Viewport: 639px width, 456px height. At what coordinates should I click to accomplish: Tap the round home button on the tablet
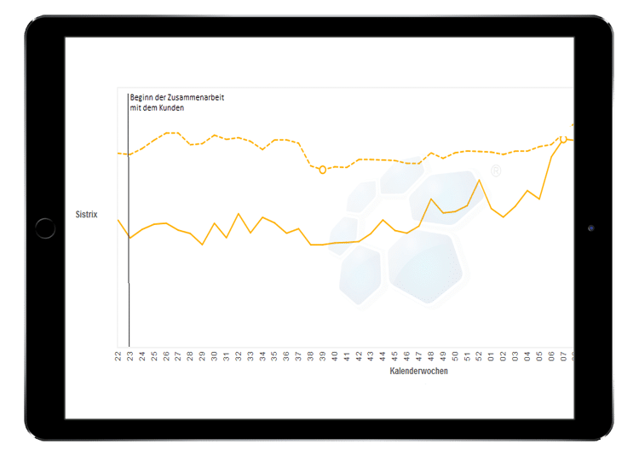coord(45,228)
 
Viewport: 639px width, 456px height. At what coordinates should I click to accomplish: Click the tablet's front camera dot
coord(590,228)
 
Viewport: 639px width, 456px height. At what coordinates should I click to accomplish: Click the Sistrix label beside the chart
coord(87,215)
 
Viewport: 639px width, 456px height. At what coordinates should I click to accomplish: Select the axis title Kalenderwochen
coord(418,372)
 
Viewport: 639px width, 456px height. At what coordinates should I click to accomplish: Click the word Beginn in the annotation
coord(141,98)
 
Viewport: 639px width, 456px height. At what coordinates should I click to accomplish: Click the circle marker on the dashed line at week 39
coord(322,170)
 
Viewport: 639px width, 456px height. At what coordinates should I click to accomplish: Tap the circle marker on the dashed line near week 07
coord(563,139)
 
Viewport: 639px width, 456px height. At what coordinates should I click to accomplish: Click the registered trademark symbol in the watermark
coord(496,171)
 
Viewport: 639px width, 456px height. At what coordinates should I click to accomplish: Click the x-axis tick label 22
coord(118,355)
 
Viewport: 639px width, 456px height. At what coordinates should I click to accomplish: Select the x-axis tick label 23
coord(130,355)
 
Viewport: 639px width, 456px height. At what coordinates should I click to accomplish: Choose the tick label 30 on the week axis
coord(214,355)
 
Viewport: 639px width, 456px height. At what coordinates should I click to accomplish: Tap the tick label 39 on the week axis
coord(322,355)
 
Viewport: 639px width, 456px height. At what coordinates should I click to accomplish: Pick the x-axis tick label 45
coord(394,355)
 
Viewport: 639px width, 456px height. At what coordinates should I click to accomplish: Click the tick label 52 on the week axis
coord(479,355)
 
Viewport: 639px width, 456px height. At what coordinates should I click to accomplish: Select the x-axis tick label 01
coord(491,355)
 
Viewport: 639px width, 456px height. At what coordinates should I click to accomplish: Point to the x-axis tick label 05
coord(539,355)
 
